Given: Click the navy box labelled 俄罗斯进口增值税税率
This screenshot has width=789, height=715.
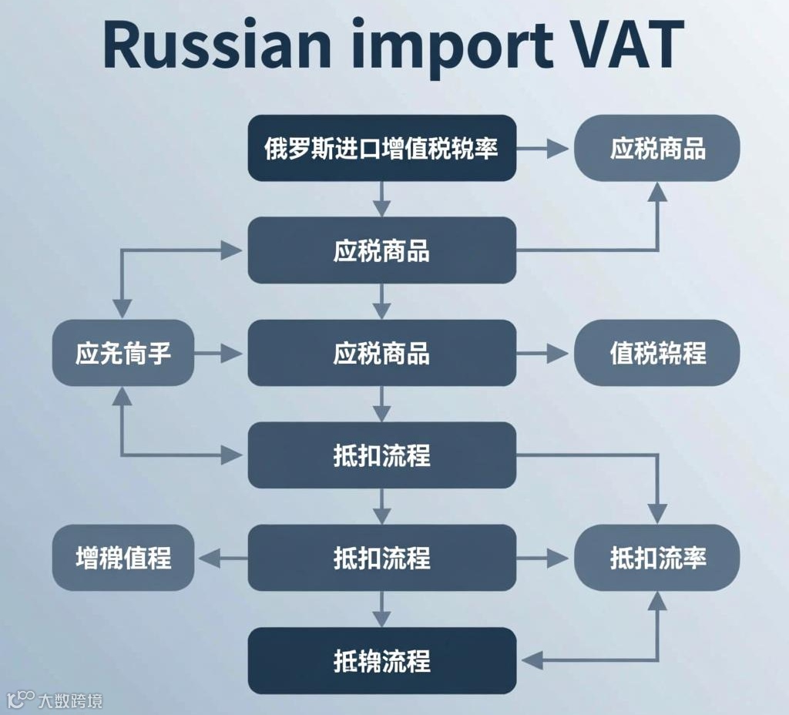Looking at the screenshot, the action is tap(381, 148).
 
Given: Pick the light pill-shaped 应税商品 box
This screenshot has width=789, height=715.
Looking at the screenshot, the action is tap(657, 148).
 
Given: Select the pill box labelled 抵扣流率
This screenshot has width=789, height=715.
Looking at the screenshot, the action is tap(657, 558).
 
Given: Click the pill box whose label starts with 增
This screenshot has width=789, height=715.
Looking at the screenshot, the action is tap(123, 558).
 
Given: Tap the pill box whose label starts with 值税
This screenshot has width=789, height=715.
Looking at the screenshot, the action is tap(657, 353).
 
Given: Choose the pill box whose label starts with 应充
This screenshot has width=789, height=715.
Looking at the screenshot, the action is tap(123, 353).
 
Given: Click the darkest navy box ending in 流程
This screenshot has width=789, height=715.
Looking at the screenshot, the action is tap(381, 660).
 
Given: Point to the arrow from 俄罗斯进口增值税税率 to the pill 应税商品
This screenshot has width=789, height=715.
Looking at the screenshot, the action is tap(544, 148).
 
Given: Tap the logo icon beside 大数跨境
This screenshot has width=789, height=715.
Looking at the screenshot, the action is tap(21, 700).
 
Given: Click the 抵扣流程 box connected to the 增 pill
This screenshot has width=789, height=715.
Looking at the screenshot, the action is tap(381, 558).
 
